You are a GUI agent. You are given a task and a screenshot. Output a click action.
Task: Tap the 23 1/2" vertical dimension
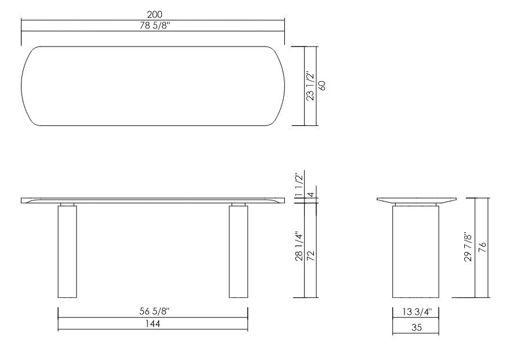point(310,86)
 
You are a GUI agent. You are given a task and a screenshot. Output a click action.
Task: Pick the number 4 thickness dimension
point(311,195)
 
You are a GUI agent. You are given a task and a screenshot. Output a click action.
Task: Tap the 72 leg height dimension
point(312,249)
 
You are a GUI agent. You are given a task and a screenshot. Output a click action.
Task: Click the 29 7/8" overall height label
point(468,247)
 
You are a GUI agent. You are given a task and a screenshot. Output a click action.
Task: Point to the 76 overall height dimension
point(482,247)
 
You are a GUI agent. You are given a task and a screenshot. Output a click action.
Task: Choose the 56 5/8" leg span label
point(153,312)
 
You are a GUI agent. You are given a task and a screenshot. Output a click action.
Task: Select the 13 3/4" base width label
point(415,313)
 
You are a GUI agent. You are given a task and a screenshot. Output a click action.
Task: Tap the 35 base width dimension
point(415,327)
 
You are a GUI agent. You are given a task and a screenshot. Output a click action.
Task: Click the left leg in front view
point(67,253)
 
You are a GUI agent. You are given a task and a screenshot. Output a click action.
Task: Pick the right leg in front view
point(238,253)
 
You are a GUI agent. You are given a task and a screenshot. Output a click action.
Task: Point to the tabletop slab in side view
point(415,200)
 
